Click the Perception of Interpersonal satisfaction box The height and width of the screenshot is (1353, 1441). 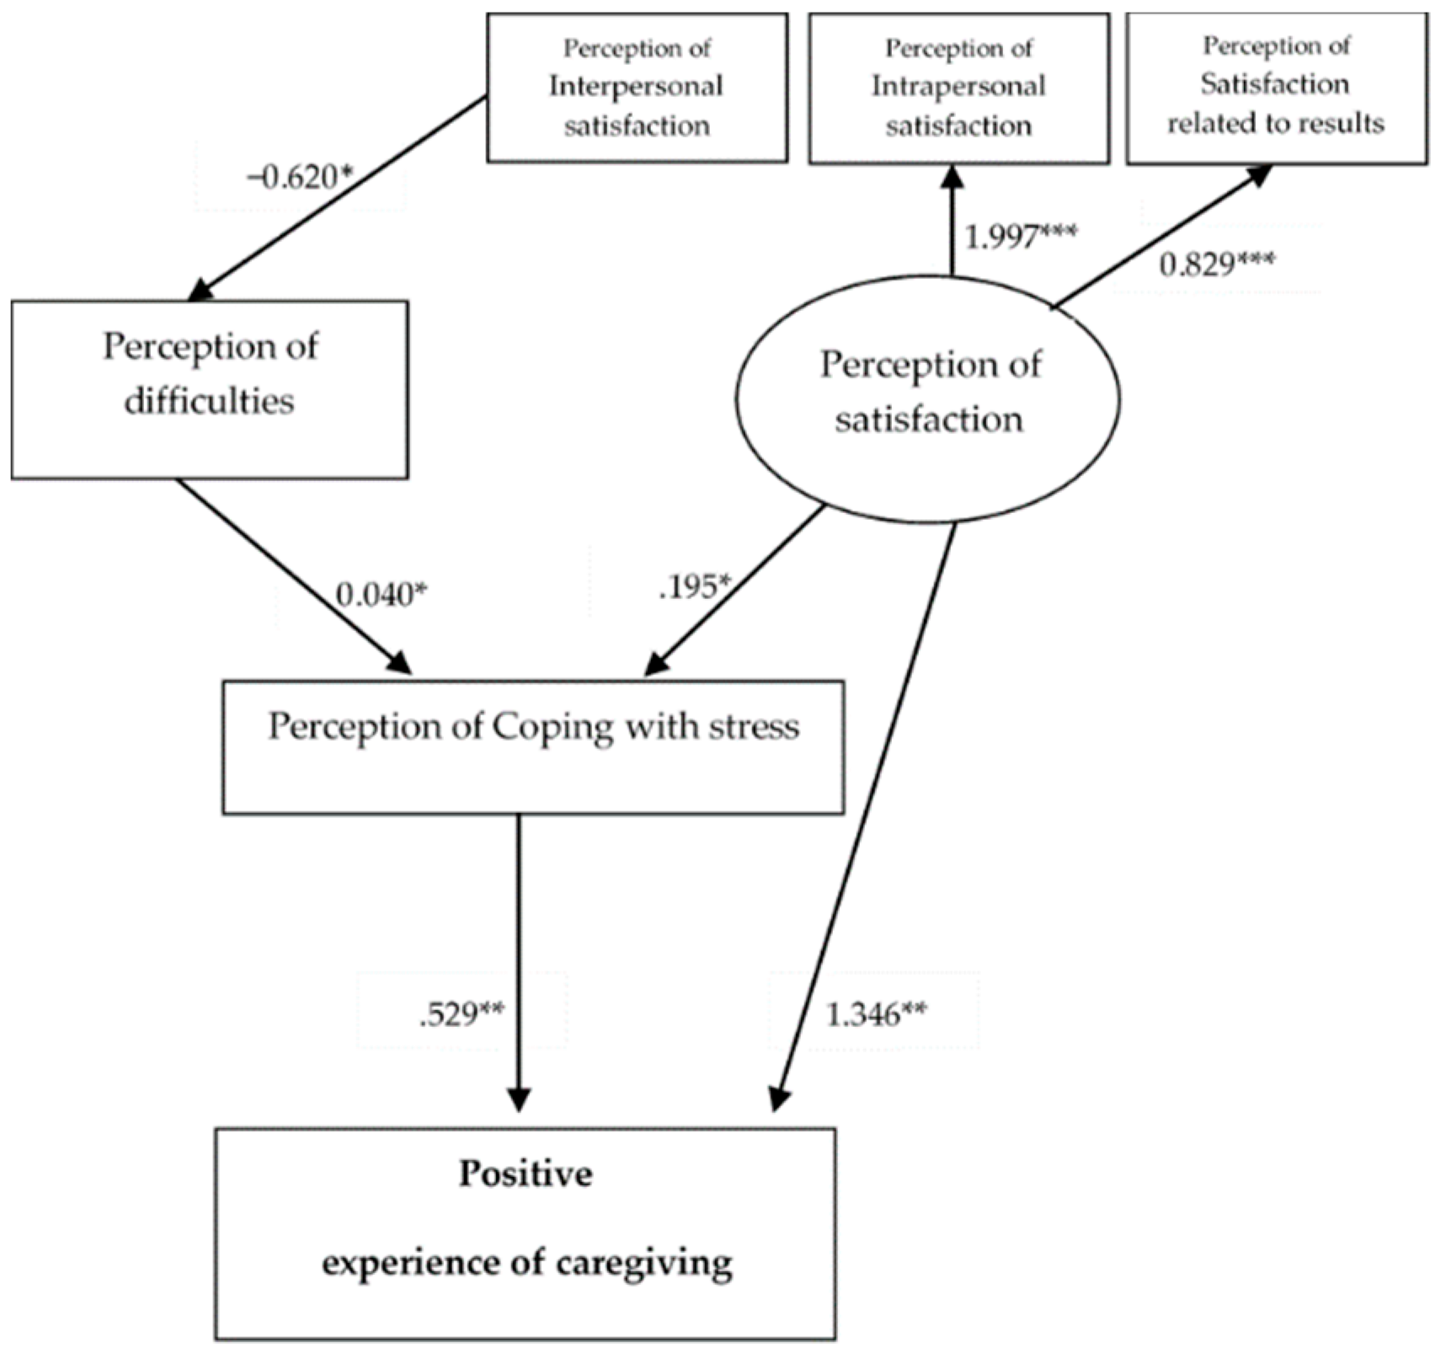pyautogui.click(x=637, y=88)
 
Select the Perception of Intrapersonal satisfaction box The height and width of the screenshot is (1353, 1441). pyautogui.click(x=958, y=88)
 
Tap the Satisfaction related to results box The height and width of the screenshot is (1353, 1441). pyautogui.click(x=1276, y=88)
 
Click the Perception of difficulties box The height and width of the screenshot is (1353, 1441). pyautogui.click(x=210, y=389)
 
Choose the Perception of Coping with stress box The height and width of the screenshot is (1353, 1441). pyautogui.click(x=533, y=747)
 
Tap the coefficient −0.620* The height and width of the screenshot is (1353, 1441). pyautogui.click(x=299, y=178)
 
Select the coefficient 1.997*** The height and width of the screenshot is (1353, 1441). pyautogui.click(x=1020, y=237)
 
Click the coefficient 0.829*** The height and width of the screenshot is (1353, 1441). pyautogui.click(x=1216, y=265)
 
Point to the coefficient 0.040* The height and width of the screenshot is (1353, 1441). pyautogui.click(x=381, y=595)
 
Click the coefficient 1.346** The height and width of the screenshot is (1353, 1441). pyautogui.click(x=876, y=1014)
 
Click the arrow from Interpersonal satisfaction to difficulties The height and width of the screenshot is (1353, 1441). pyautogui.click(x=337, y=198)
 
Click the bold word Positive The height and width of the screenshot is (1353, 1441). pyautogui.click(x=526, y=1174)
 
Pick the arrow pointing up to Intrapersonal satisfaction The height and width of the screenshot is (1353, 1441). pyautogui.click(x=952, y=219)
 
